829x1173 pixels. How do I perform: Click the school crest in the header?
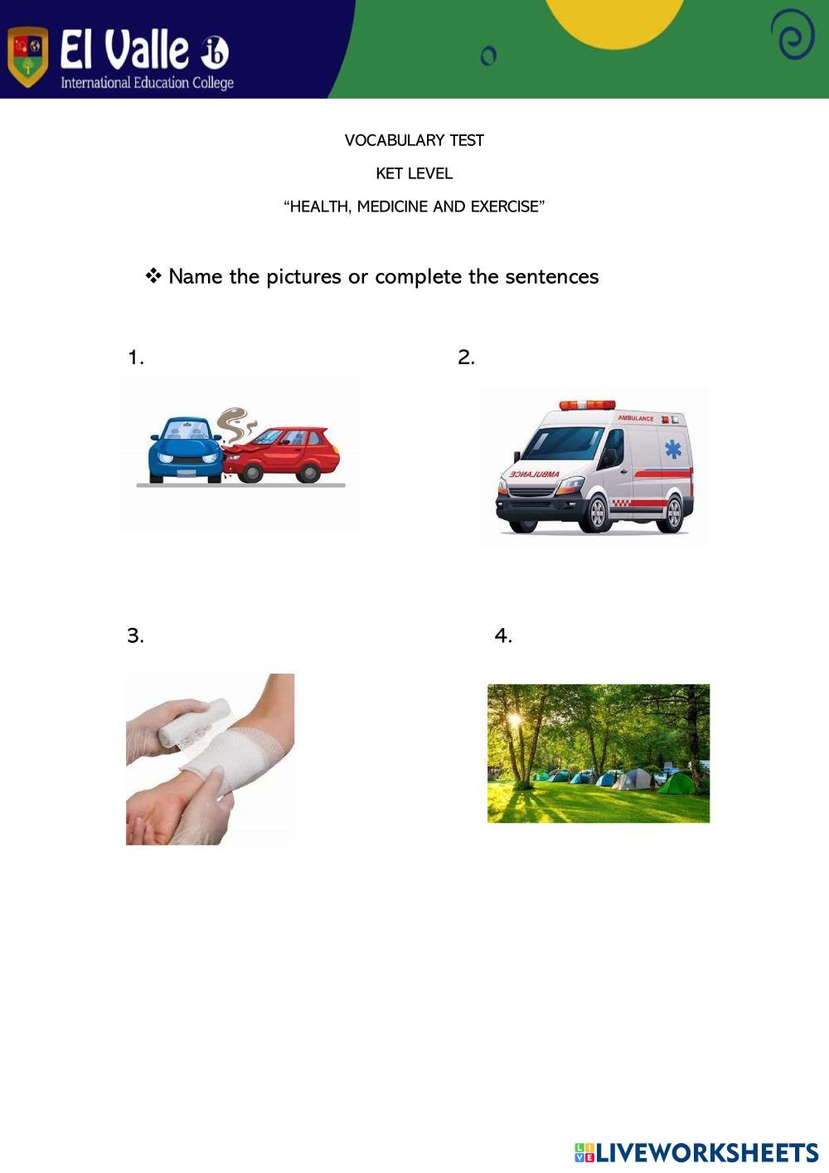point(27,56)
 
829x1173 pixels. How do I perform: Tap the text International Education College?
point(147,83)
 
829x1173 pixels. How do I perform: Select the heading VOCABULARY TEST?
point(414,140)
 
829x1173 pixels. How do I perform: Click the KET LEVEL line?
point(414,173)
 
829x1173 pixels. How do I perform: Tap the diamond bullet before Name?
point(153,276)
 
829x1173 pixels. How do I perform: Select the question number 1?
point(135,358)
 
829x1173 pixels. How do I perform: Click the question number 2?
point(466,358)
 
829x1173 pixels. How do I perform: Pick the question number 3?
point(135,635)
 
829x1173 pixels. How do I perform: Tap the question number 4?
point(503,635)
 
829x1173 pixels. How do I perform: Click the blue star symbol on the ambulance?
point(673,450)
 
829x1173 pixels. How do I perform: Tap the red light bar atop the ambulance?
point(587,405)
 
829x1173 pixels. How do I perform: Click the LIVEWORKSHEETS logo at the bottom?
point(696,1152)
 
